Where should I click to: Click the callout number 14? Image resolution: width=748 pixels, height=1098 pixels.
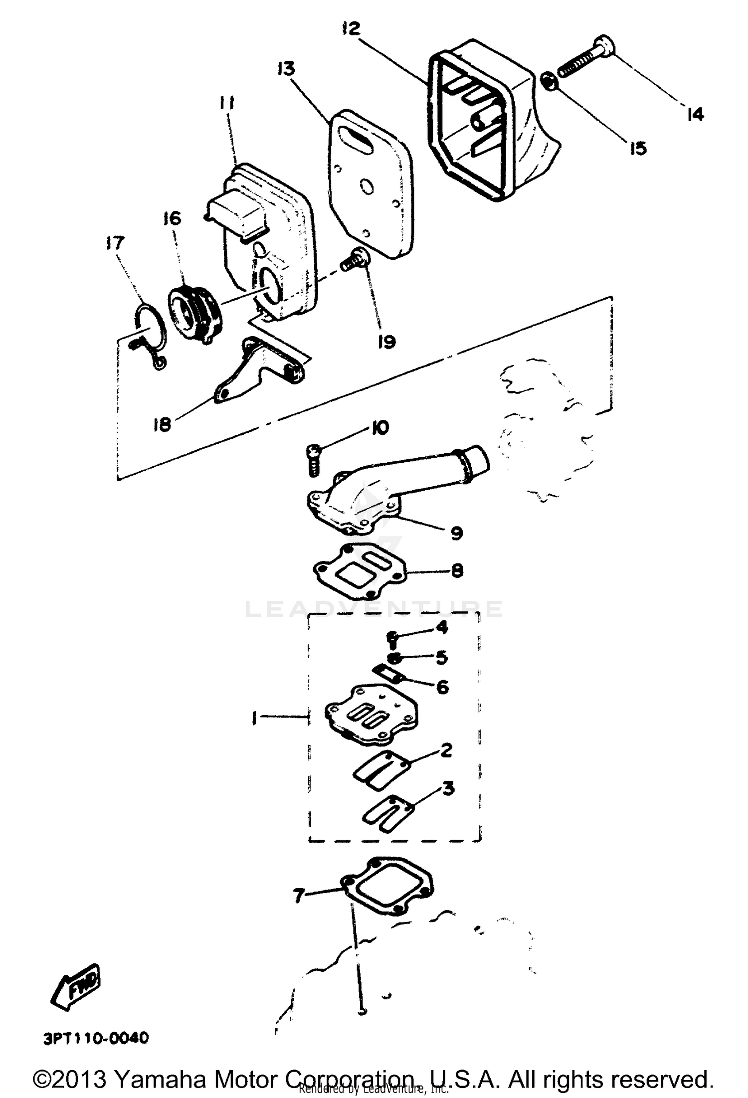(695, 114)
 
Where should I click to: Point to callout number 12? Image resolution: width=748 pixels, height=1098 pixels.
(351, 28)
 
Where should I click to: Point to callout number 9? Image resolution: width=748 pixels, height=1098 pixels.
(456, 533)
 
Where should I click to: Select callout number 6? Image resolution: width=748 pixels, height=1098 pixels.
(442, 688)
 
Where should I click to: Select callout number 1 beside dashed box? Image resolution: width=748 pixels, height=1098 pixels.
(254, 719)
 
